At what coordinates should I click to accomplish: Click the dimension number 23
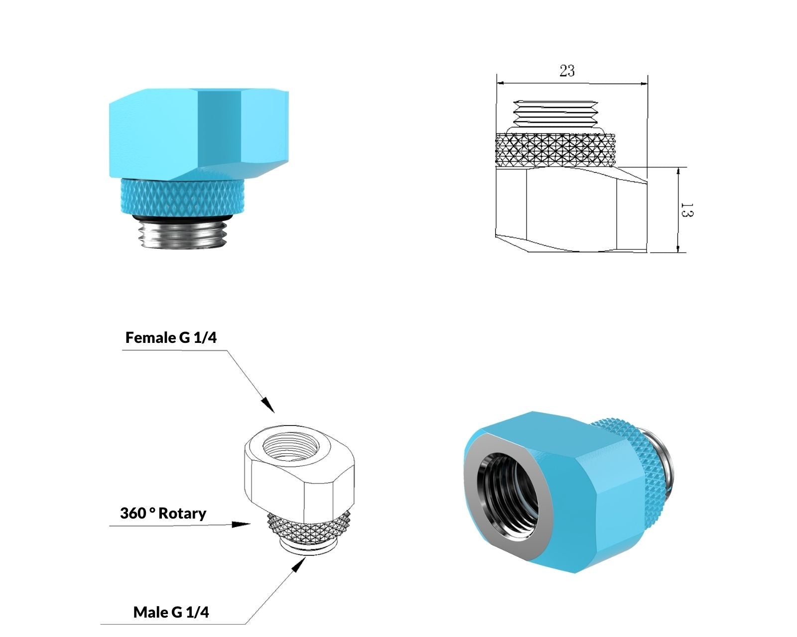coord(567,70)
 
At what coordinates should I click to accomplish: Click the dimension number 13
coord(687,210)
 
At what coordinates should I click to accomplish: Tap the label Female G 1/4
coord(171,337)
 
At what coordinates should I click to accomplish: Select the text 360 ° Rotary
coord(163,513)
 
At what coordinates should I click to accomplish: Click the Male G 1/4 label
coord(171,612)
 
